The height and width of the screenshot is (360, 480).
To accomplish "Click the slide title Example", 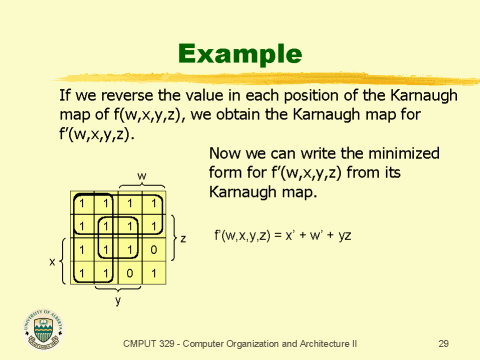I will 239,53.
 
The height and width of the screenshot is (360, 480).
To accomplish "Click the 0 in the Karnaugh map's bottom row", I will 128,272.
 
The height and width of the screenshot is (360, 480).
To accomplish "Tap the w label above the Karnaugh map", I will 141,176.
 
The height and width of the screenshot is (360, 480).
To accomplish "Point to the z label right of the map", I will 182,238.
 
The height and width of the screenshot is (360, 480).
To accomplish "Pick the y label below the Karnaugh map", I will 117,299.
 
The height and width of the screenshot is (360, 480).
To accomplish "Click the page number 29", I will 443,343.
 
